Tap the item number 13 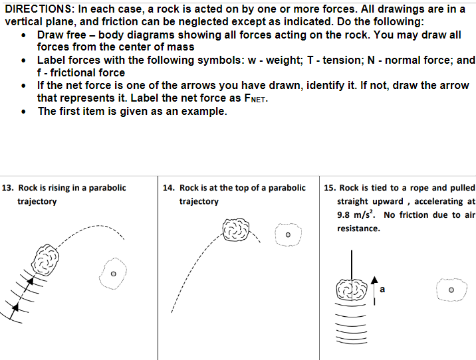9,188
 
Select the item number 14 168,188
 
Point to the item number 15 329,188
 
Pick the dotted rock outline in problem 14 288,235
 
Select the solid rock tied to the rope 352,290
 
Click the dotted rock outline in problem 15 451,290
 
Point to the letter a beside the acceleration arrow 383,289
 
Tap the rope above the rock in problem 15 353,262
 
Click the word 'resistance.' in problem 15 358,228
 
